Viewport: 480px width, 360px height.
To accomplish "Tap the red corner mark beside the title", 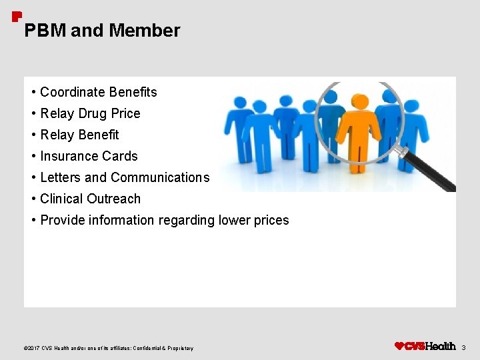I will click(17, 16).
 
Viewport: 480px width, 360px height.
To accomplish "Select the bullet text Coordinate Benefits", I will click(98, 92).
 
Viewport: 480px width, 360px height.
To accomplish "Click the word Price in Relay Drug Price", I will click(126, 113).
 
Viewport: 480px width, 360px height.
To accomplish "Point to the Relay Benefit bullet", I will click(79, 135).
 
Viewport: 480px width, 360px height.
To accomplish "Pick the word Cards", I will click(121, 156).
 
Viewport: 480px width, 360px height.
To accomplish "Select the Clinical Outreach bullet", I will click(90, 199).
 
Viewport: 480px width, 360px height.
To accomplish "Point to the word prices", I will click(273, 220).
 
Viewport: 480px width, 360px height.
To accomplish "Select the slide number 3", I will click(464, 347).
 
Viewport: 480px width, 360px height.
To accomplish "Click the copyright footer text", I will click(109, 348).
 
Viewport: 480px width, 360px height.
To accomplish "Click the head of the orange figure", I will click(360, 102).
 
